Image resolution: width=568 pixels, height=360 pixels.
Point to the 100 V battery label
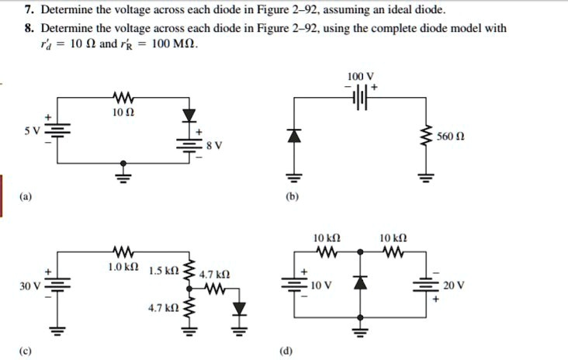[x=362, y=76]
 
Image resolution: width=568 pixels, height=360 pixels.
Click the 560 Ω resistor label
[x=450, y=137]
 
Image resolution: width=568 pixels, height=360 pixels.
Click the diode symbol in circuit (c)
[x=240, y=310]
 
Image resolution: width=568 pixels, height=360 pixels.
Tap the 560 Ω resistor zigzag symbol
[x=424, y=137]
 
